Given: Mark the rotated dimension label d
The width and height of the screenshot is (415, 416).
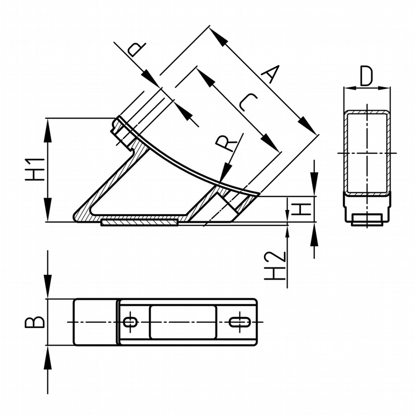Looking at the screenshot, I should tap(135, 48).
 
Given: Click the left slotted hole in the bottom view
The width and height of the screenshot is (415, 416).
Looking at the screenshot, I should tap(130, 322).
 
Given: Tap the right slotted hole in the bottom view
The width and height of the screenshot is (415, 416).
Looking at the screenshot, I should tap(241, 322).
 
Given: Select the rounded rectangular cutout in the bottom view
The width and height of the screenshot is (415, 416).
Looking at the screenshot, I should tap(183, 322).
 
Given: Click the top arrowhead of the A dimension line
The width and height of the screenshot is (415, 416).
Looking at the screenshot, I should tap(217, 35).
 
